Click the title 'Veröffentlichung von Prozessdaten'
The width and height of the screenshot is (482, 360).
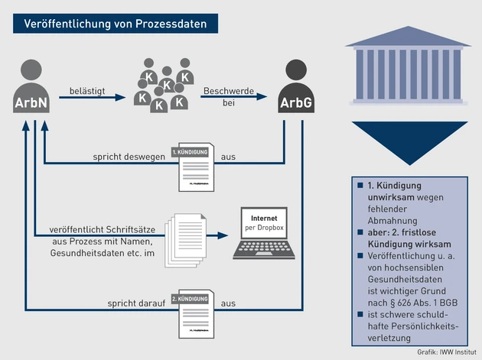tap(115, 23)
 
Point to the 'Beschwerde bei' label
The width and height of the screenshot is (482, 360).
tap(227, 94)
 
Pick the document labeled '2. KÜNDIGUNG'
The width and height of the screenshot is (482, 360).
tap(191, 313)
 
